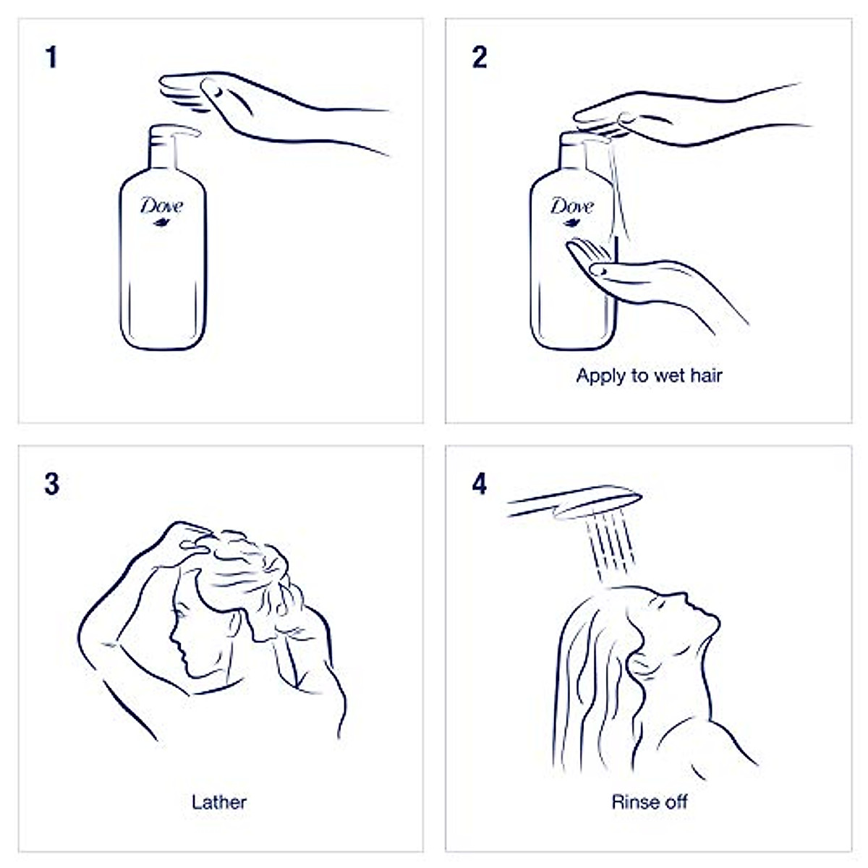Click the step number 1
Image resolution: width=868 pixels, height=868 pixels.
click(x=51, y=58)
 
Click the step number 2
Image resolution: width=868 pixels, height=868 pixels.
click(x=480, y=58)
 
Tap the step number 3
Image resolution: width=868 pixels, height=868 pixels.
click(x=51, y=484)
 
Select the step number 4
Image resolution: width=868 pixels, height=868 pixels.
click(x=480, y=484)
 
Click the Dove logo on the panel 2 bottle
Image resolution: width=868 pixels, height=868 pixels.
click(x=571, y=208)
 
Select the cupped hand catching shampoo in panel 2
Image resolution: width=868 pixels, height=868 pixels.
click(x=615, y=271)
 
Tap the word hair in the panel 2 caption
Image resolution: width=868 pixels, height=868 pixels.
click(x=706, y=375)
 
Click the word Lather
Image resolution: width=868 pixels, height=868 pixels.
click(x=219, y=802)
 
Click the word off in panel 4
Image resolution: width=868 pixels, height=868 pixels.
click(x=674, y=802)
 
